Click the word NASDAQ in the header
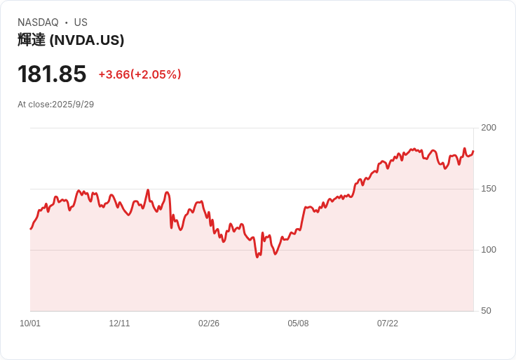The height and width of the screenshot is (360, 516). (x=38, y=22)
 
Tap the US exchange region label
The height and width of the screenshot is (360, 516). (x=81, y=22)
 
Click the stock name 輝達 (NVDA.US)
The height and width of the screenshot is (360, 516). (x=71, y=40)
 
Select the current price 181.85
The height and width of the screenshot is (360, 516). (x=52, y=74)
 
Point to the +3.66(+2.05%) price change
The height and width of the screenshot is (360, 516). (x=140, y=74)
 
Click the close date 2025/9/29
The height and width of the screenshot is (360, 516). (x=73, y=105)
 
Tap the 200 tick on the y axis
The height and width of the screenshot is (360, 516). (x=488, y=128)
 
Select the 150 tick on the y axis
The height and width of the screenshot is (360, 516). (x=488, y=189)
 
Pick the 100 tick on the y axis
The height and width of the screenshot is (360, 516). (x=488, y=250)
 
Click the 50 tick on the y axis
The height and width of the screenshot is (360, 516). (x=486, y=311)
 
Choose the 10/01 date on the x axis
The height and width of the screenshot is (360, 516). (x=30, y=324)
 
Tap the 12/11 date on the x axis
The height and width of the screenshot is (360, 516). (x=119, y=324)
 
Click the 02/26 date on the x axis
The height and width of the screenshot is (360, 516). (x=209, y=324)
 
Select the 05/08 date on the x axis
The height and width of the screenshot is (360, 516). (x=298, y=324)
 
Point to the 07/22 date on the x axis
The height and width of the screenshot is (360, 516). (x=388, y=324)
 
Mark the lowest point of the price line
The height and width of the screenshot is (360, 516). (x=257, y=257)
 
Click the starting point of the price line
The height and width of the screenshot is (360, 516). (x=30, y=229)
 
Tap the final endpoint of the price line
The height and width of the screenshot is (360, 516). (x=473, y=151)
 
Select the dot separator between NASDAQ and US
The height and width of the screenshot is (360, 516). (x=67, y=22)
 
